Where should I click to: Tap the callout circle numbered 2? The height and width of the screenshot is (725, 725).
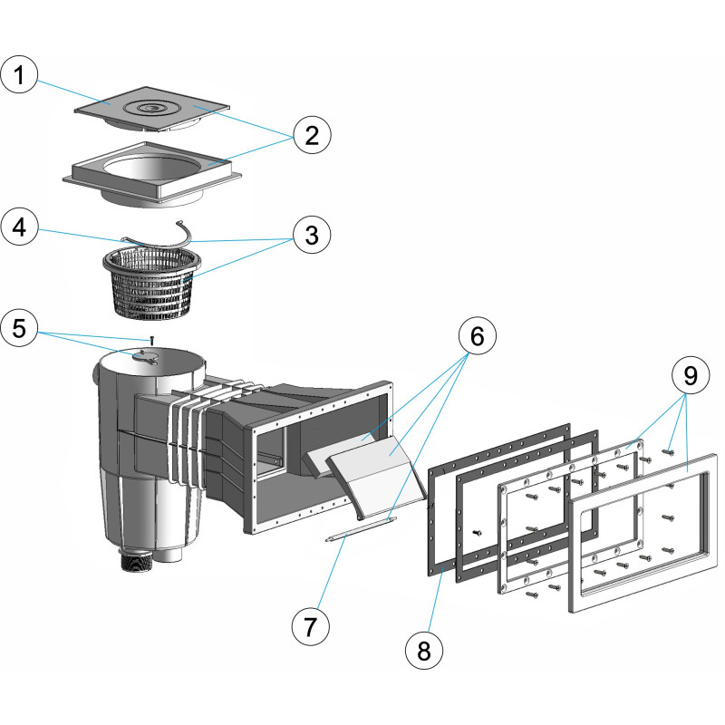pos(311,137)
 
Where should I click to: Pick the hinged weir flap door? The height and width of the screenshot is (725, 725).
pos(376,477)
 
